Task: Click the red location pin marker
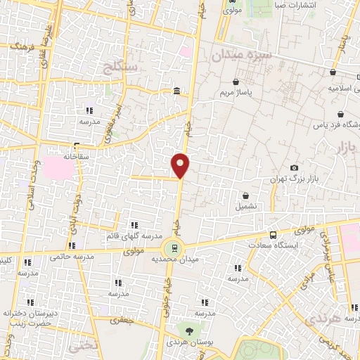click(181, 165)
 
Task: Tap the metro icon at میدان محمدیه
click(173, 248)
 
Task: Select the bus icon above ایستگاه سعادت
click(273, 235)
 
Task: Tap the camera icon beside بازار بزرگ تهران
click(294, 167)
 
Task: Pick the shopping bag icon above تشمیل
click(246, 195)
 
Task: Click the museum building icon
click(176, 91)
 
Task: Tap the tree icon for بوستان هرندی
click(188, 330)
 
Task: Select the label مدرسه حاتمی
click(69, 257)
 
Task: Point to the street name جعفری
click(124, 319)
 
